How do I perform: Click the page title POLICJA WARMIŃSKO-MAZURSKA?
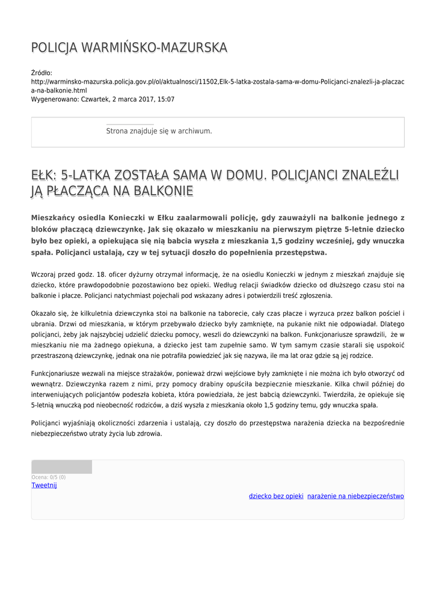point(129,48)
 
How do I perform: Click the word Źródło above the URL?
point(41,73)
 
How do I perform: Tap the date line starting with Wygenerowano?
point(103,99)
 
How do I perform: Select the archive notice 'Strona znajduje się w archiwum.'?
point(159,131)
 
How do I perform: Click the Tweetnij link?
point(44,485)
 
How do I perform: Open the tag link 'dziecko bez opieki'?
point(276,496)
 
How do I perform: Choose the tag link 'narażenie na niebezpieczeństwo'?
point(355,496)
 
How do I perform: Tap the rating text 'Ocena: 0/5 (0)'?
point(49,477)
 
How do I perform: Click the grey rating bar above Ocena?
point(61,467)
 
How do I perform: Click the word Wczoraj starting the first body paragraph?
point(44,274)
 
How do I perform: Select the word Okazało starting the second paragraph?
point(45,313)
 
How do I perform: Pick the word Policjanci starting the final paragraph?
point(48,423)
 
